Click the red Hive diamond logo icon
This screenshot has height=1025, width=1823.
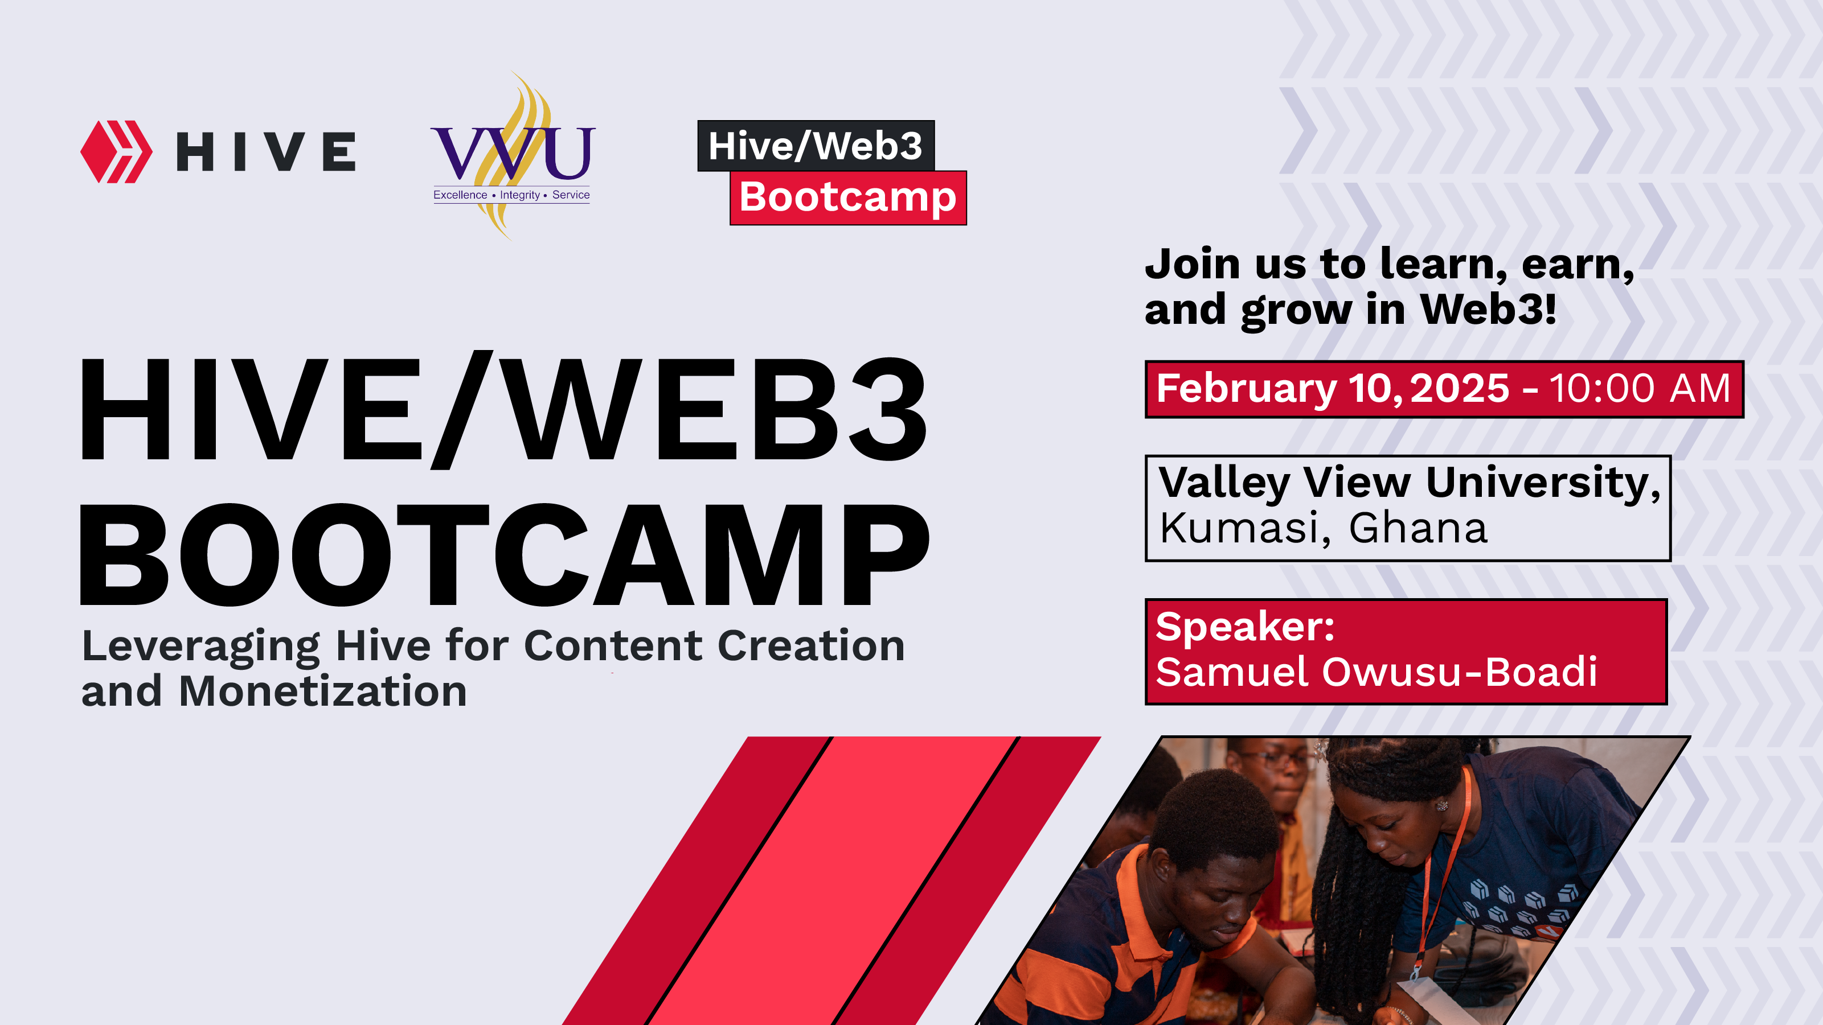[116, 152]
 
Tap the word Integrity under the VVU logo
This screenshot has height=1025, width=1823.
[519, 195]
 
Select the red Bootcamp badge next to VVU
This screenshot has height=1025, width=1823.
[848, 198]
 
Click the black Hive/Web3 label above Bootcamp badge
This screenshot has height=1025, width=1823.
[816, 146]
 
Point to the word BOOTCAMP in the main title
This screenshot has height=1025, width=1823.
[505, 555]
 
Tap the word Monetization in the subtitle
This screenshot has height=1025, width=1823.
[323, 691]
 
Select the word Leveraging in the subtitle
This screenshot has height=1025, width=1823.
[201, 647]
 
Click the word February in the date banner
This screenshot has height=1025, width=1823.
[1246, 390]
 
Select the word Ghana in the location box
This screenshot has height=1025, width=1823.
[1418, 528]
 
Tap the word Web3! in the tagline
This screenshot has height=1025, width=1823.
[1488, 309]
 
